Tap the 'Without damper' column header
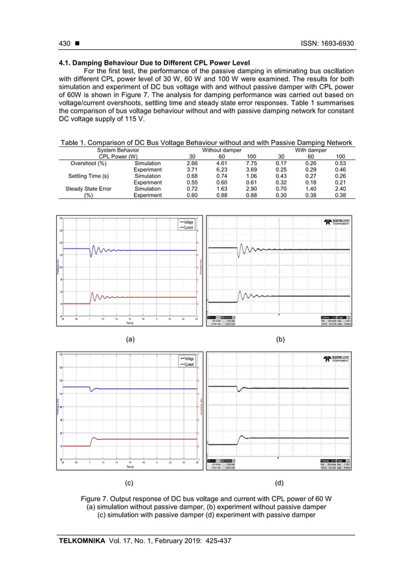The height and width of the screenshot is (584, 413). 221,150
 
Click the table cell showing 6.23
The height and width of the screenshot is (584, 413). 221,171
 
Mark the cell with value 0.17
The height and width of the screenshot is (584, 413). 281,164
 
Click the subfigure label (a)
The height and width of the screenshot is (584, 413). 129,339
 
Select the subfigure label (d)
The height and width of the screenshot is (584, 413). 278,483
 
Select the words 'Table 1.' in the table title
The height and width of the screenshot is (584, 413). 75,142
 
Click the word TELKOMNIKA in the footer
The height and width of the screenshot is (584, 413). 82,539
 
